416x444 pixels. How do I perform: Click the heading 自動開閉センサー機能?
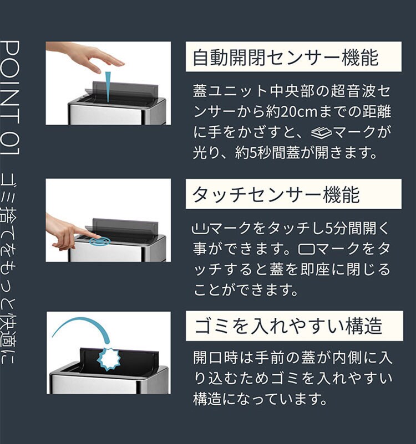(286, 58)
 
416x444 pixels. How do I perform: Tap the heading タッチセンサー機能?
(276, 194)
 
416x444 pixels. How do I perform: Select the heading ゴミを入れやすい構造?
(288, 326)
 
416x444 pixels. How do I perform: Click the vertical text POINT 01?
(11, 97)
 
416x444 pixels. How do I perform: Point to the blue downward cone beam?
(108, 86)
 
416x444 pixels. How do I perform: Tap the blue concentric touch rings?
(100, 241)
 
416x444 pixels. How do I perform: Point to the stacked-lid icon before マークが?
(321, 132)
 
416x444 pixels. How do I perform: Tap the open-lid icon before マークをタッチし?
(200, 229)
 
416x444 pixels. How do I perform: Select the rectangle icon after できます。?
(307, 250)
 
